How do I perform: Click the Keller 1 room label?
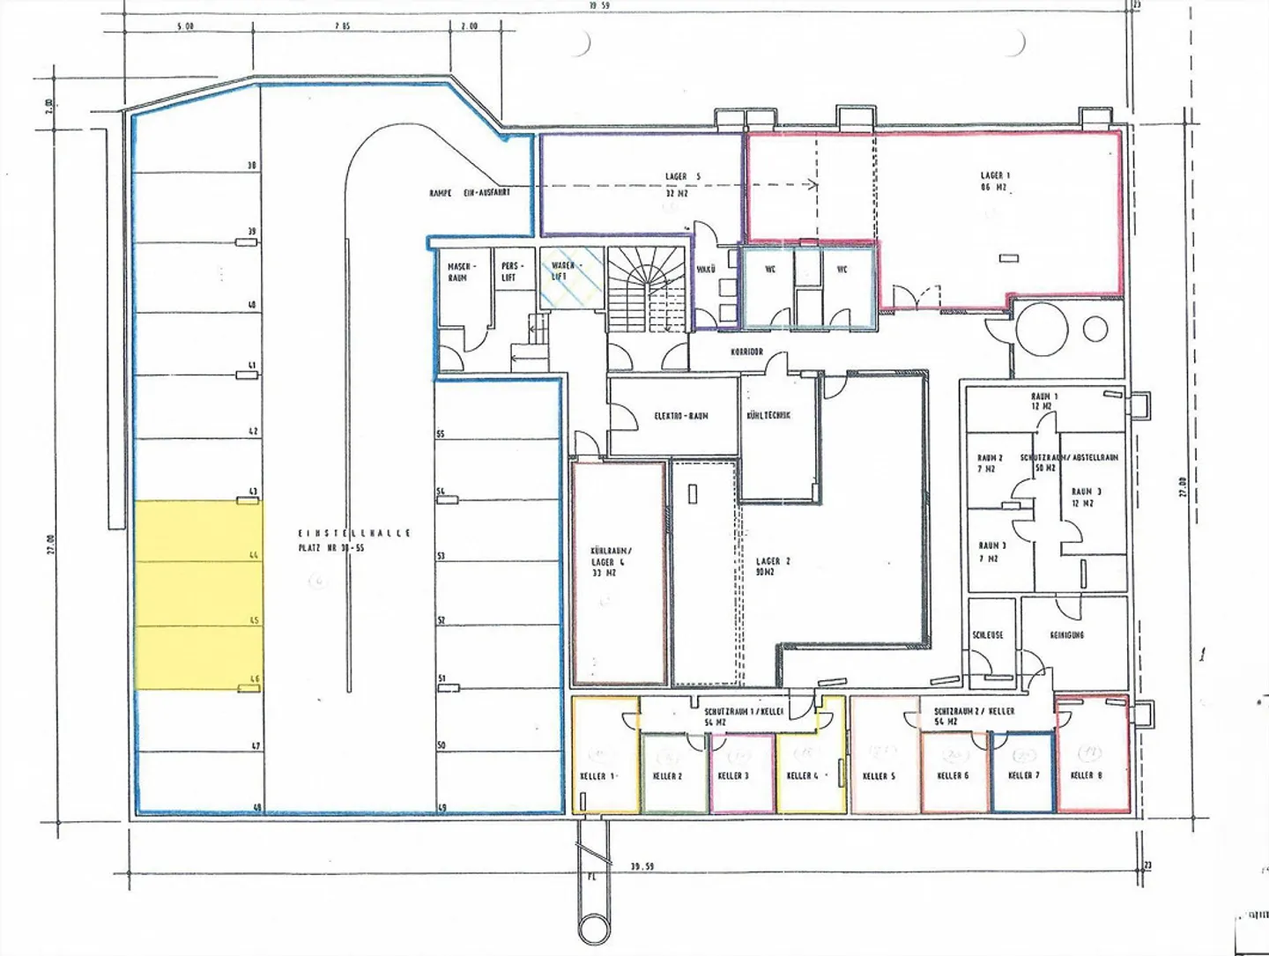(597, 776)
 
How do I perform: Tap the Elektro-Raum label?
(680, 416)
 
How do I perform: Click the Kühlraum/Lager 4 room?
(618, 573)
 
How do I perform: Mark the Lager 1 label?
(995, 181)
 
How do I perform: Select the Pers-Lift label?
(508, 271)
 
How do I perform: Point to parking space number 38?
(251, 166)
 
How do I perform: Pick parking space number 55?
(441, 434)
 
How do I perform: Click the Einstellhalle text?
(353, 533)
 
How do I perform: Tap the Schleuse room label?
(988, 634)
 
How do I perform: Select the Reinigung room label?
(1066, 634)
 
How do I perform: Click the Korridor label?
(746, 352)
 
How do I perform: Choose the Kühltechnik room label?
(768, 415)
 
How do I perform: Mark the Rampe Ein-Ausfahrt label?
(469, 192)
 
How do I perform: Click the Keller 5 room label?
(879, 776)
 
